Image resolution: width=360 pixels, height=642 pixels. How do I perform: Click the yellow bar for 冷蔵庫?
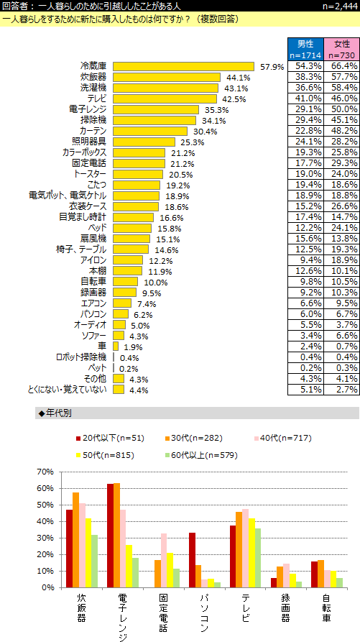tap(184, 66)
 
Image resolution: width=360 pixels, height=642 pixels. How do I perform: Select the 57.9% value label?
tap(272, 67)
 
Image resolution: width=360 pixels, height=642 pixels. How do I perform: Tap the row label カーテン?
tap(93, 131)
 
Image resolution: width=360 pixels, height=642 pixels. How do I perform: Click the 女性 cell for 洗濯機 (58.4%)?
tap(341, 88)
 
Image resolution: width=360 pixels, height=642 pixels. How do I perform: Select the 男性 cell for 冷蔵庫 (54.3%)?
tap(305, 66)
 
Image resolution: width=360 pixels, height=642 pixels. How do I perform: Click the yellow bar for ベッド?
tap(132, 228)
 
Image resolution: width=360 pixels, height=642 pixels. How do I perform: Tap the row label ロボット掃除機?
tap(81, 357)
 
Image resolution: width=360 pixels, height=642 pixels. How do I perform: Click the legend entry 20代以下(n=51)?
tap(110, 439)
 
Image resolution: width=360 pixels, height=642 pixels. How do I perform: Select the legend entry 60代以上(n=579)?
tap(201, 455)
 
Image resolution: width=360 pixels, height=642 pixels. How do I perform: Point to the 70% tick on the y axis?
tap(46, 472)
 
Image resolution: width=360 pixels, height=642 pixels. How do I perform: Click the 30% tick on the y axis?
tap(46, 538)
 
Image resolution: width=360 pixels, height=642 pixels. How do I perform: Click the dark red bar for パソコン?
tap(192, 560)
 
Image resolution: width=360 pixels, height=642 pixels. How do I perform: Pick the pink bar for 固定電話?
tap(164, 561)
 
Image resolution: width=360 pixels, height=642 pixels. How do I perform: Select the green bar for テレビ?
tap(258, 558)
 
